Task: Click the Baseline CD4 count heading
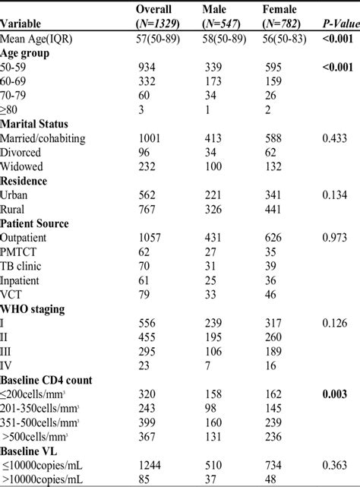[x=50, y=379]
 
